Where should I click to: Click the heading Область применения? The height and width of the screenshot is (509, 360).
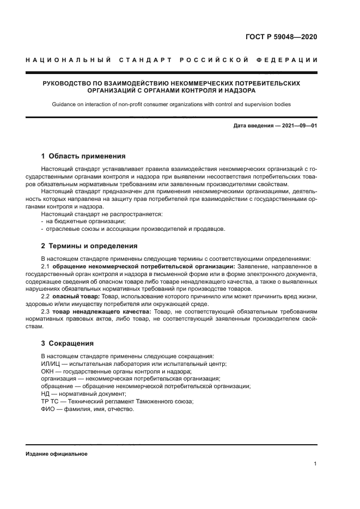click(87, 156)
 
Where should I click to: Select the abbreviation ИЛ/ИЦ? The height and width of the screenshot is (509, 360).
click(51, 364)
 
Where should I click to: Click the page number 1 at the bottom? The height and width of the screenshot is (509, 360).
click(316, 464)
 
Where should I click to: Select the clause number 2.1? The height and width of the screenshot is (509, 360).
click(46, 266)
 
